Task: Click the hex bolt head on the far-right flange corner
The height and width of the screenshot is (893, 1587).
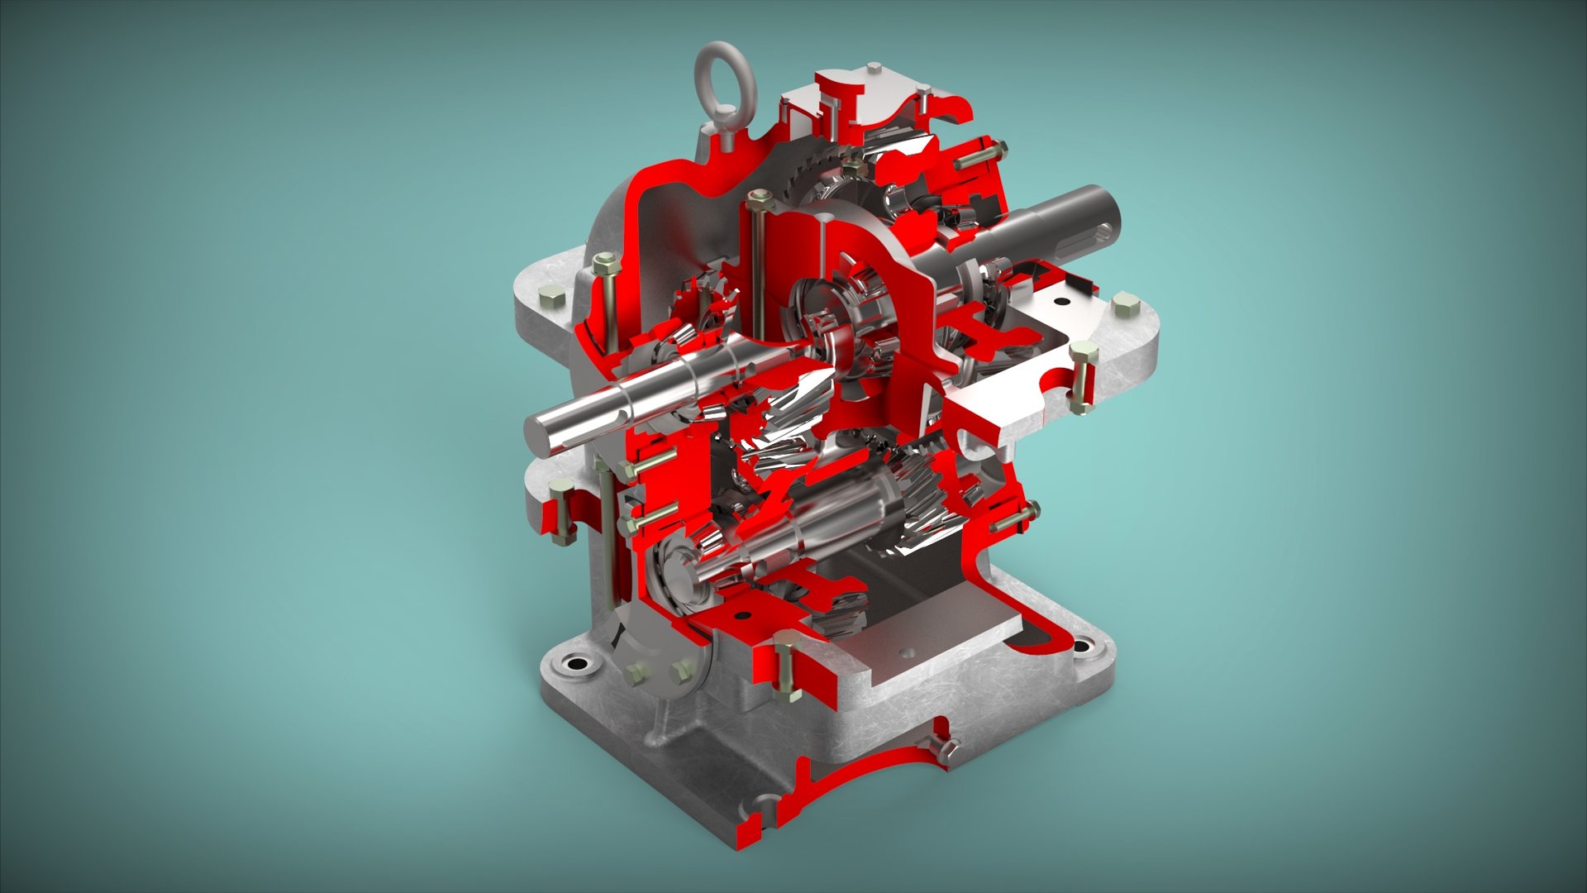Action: pos(1125,302)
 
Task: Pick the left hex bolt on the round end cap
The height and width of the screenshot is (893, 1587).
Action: pos(635,674)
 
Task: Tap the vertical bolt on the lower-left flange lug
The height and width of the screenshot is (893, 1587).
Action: pos(561,513)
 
